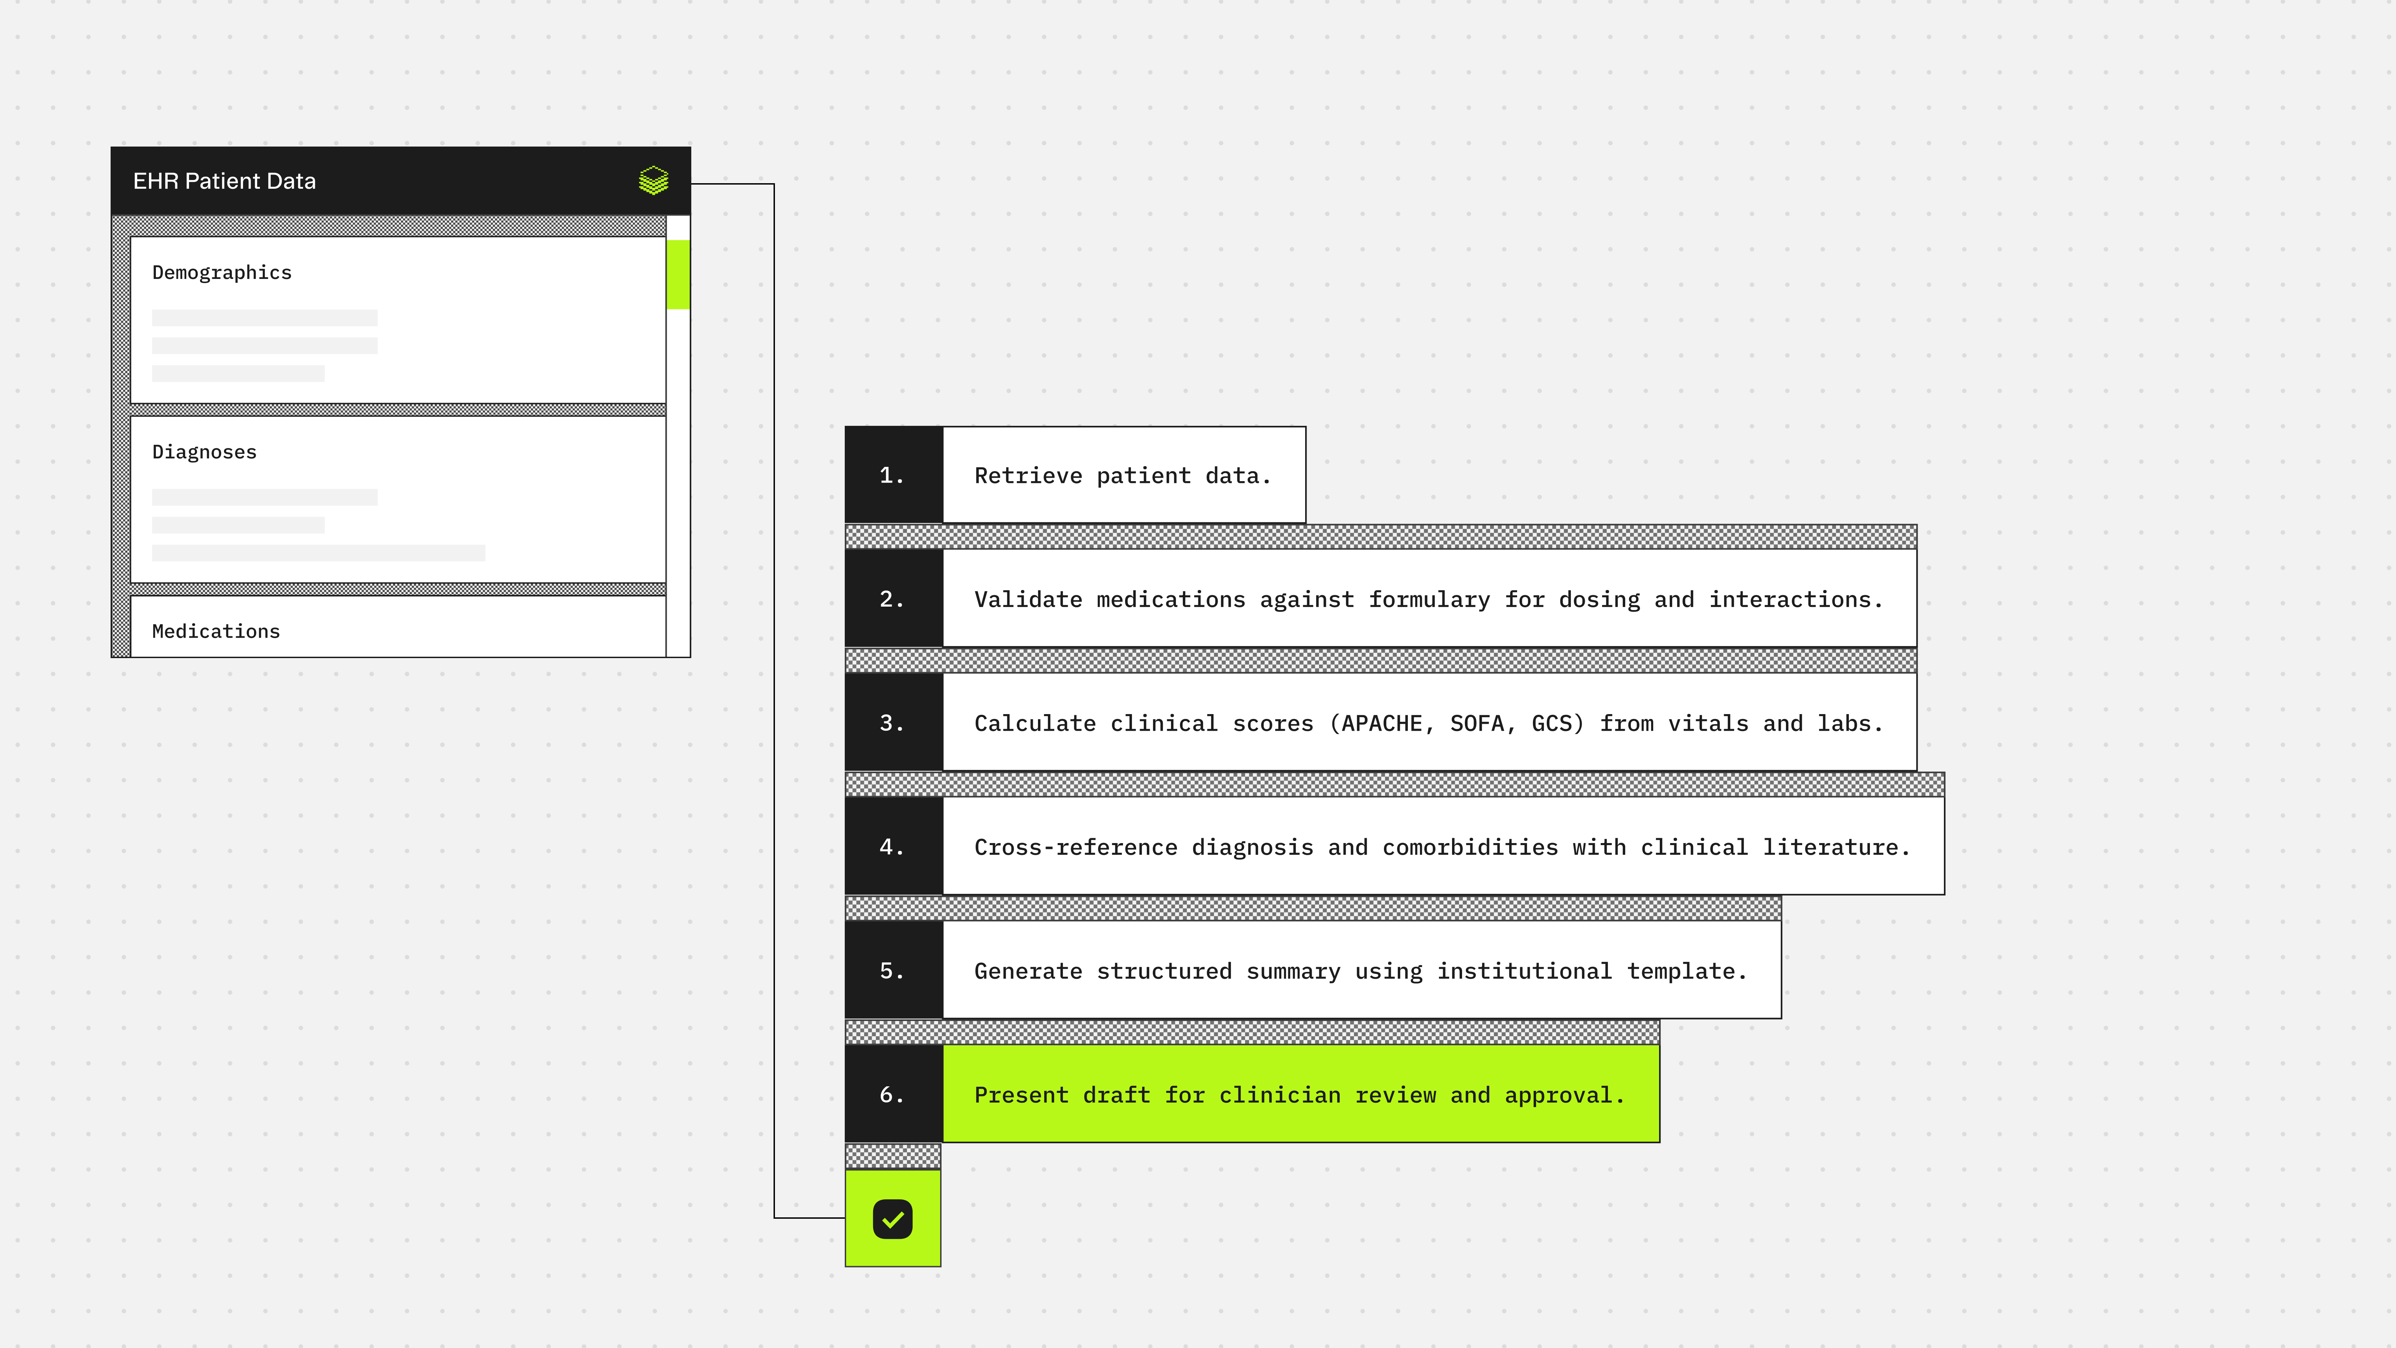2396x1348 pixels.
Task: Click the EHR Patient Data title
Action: coord(224,181)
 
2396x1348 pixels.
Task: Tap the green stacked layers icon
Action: coord(654,180)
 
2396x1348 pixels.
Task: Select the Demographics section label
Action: coord(221,273)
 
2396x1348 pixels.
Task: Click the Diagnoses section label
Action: coord(204,452)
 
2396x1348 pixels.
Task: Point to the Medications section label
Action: coord(216,632)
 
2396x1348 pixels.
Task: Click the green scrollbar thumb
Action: coord(678,274)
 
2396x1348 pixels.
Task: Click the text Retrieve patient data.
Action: coord(1122,475)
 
